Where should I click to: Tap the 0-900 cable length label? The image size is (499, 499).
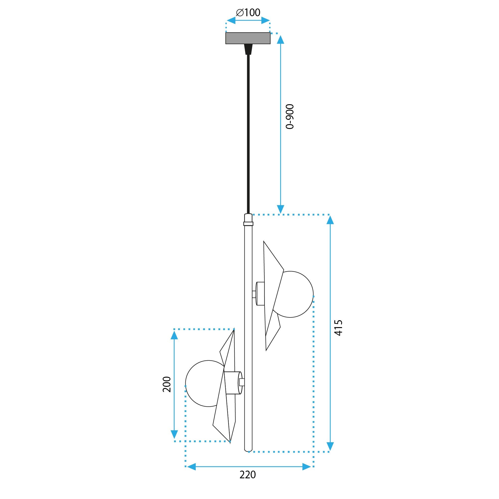click(x=290, y=117)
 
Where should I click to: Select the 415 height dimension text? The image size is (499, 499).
click(x=338, y=328)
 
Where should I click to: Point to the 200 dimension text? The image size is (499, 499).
click(x=167, y=384)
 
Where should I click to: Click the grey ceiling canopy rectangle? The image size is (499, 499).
click(x=248, y=38)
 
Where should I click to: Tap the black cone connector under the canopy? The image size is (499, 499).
click(x=248, y=49)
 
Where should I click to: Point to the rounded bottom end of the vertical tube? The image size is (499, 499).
click(x=248, y=450)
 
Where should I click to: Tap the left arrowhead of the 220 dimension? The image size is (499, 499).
click(x=191, y=467)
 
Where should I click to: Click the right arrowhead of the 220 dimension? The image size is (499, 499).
click(x=307, y=467)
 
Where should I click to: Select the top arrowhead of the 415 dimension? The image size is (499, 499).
click(x=330, y=220)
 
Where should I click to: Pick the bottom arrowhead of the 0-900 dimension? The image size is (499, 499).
click(x=281, y=209)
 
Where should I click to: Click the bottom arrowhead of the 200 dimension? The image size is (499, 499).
click(x=174, y=434)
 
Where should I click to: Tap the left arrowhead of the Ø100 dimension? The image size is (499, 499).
click(x=231, y=20)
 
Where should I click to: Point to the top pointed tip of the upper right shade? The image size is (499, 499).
click(x=264, y=242)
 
